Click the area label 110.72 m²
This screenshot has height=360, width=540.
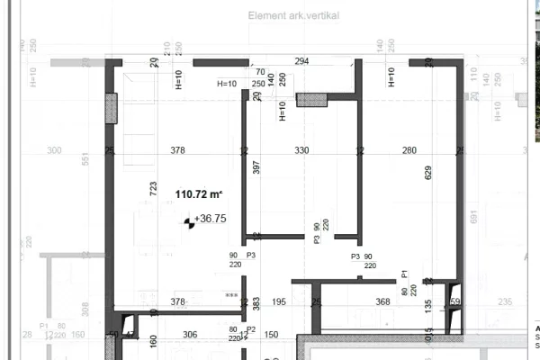point(199,193)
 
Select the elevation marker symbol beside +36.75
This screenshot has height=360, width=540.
point(189,220)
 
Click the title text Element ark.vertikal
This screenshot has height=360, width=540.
point(293,16)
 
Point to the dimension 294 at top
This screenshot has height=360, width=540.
point(301,61)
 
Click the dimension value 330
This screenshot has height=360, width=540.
point(301,150)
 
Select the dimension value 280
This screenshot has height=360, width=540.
point(409,150)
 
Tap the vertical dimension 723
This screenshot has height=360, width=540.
point(153,189)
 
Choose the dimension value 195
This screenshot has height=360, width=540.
point(279,301)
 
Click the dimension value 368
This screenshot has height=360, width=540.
point(383,301)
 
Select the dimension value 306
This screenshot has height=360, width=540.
point(190,334)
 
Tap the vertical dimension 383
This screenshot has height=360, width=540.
point(256,304)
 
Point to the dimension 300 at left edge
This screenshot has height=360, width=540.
point(54,150)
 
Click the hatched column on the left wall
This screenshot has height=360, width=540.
point(112,111)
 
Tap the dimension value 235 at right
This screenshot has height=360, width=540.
point(505,301)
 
